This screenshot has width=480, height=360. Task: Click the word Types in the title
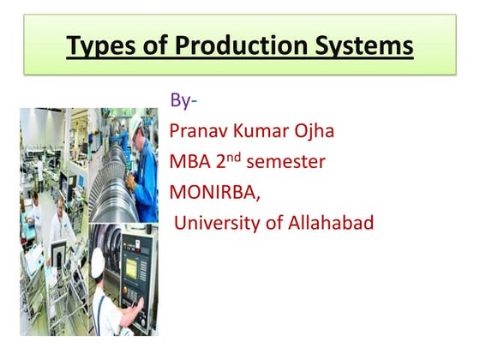click(99, 45)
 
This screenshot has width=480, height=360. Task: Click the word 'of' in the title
click(153, 45)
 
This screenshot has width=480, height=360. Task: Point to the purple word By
click(181, 101)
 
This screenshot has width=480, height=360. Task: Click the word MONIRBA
click(214, 193)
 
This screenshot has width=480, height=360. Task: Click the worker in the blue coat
click(147, 171)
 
